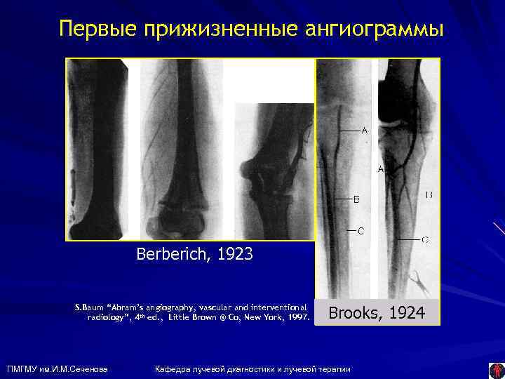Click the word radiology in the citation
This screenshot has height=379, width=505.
105,317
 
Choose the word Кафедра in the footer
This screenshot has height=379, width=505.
170,368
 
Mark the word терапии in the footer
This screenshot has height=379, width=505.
333,368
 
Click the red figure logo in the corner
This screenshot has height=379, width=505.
495,368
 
